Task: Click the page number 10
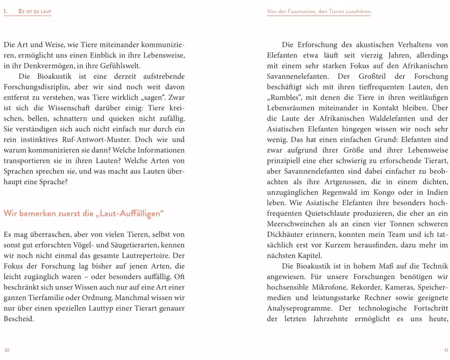(x=6, y=350)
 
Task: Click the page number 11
(x=445, y=350)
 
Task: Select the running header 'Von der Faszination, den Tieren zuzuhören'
(x=319, y=11)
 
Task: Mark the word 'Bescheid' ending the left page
(x=18, y=319)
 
